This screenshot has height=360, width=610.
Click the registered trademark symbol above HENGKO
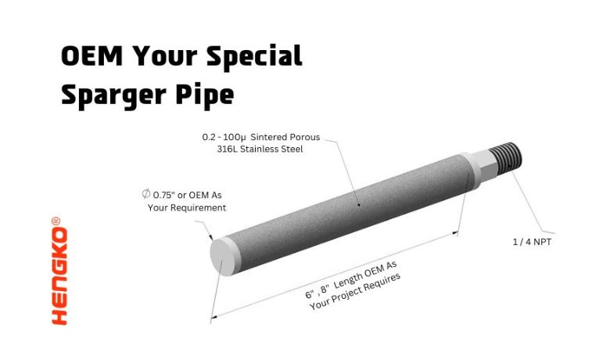point(57,221)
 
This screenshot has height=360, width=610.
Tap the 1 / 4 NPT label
point(532,242)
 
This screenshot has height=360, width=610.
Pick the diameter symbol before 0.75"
point(145,193)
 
